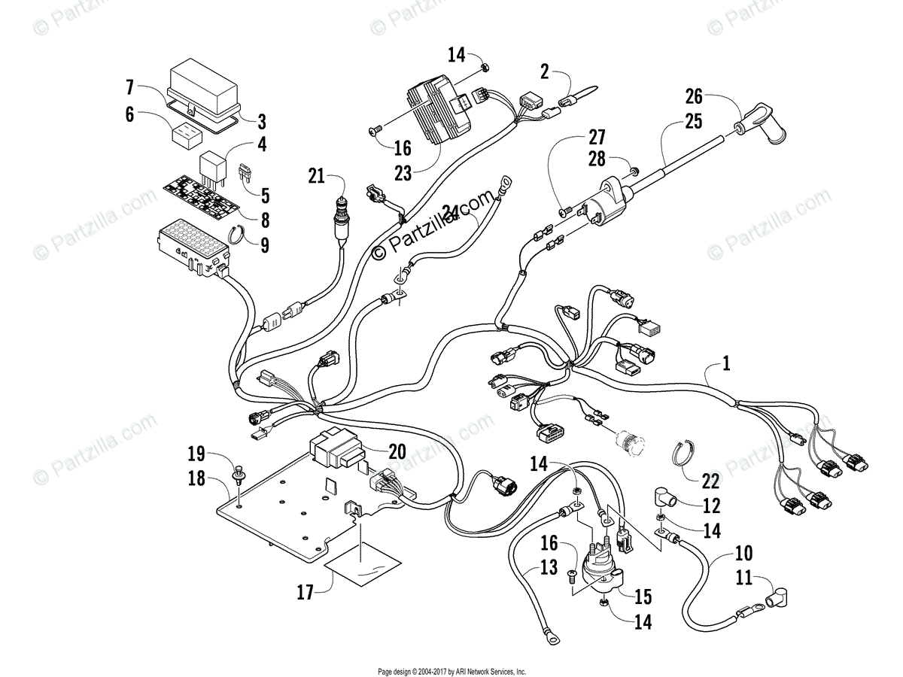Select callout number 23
tap(403, 173)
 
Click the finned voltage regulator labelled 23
tap(440, 113)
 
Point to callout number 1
tap(725, 364)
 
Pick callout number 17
tap(306, 593)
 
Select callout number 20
tap(397, 451)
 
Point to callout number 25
tap(693, 119)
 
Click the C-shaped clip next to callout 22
tap(684, 454)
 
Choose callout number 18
tap(196, 479)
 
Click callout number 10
tap(743, 555)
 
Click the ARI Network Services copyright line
tap(451, 672)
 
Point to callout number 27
tap(596, 137)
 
